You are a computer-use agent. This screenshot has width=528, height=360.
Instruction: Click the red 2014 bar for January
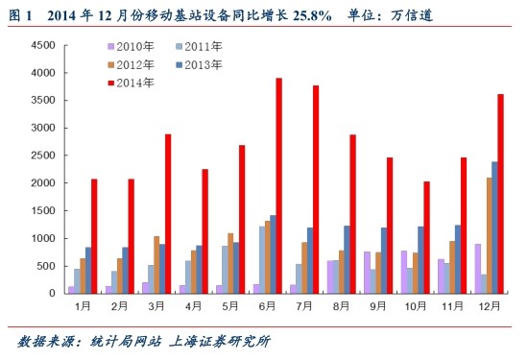[x=94, y=236]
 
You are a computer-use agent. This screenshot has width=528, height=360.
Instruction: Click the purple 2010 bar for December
[x=477, y=269]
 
